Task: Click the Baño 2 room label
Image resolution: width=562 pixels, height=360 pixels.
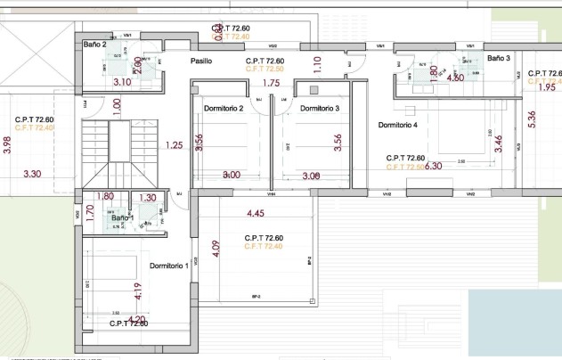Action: [95, 44]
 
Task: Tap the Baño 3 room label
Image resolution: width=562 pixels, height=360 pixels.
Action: [499, 58]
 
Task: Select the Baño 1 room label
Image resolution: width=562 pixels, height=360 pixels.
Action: [122, 217]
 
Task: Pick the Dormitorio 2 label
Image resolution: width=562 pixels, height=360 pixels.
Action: [223, 109]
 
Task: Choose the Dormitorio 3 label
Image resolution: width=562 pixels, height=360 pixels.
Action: [320, 109]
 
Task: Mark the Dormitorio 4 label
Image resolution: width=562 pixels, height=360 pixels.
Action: [397, 126]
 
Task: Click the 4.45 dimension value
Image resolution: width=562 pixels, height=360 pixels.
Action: [255, 213]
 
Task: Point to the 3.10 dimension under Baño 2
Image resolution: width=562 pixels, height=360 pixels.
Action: [122, 82]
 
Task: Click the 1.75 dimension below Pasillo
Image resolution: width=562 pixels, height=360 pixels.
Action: [273, 83]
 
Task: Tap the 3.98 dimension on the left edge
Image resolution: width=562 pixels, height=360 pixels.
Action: [7, 145]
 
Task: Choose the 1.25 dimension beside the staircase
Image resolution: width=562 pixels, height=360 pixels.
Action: [175, 145]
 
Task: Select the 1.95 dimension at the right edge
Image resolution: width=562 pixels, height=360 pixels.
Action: [547, 87]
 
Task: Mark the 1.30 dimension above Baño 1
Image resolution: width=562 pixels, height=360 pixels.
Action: [148, 198]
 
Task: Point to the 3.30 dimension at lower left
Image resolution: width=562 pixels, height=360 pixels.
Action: [33, 173]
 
